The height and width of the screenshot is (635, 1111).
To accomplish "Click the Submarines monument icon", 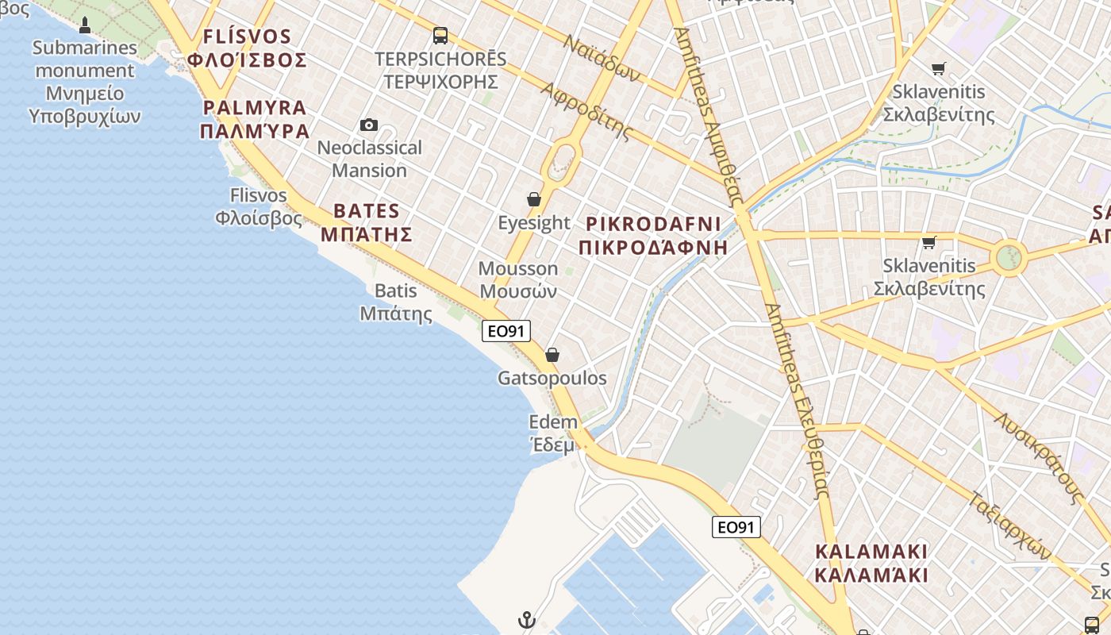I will coord(85,25).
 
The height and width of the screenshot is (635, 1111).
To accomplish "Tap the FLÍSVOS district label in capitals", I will coord(247,37).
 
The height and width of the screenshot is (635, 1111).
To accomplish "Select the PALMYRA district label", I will coord(254,108).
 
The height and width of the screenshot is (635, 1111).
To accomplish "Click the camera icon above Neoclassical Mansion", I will coord(369,125).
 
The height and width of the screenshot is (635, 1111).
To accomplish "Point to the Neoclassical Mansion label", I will coord(369,159).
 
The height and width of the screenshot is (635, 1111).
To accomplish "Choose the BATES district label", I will coord(367,211).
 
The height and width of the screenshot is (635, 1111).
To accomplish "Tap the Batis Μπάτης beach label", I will coord(396,302).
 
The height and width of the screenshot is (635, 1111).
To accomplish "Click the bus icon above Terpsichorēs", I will coord(440,36).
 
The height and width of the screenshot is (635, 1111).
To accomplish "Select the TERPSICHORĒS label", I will coord(440,60).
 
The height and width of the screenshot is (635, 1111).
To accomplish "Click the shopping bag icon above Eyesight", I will coord(534,198).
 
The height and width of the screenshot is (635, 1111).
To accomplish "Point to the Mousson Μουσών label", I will coord(518,279).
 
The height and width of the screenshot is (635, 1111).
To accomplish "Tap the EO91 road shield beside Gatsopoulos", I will coord(506,331).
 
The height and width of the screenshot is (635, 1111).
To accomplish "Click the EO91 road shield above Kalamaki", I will coord(736,527).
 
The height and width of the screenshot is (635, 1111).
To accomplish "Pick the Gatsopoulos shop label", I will coord(552,378).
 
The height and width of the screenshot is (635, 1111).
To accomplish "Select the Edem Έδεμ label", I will coord(553,433).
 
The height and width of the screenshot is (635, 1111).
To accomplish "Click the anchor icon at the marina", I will coord(527,620).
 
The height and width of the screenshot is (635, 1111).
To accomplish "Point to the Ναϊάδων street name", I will coord(602,58).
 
